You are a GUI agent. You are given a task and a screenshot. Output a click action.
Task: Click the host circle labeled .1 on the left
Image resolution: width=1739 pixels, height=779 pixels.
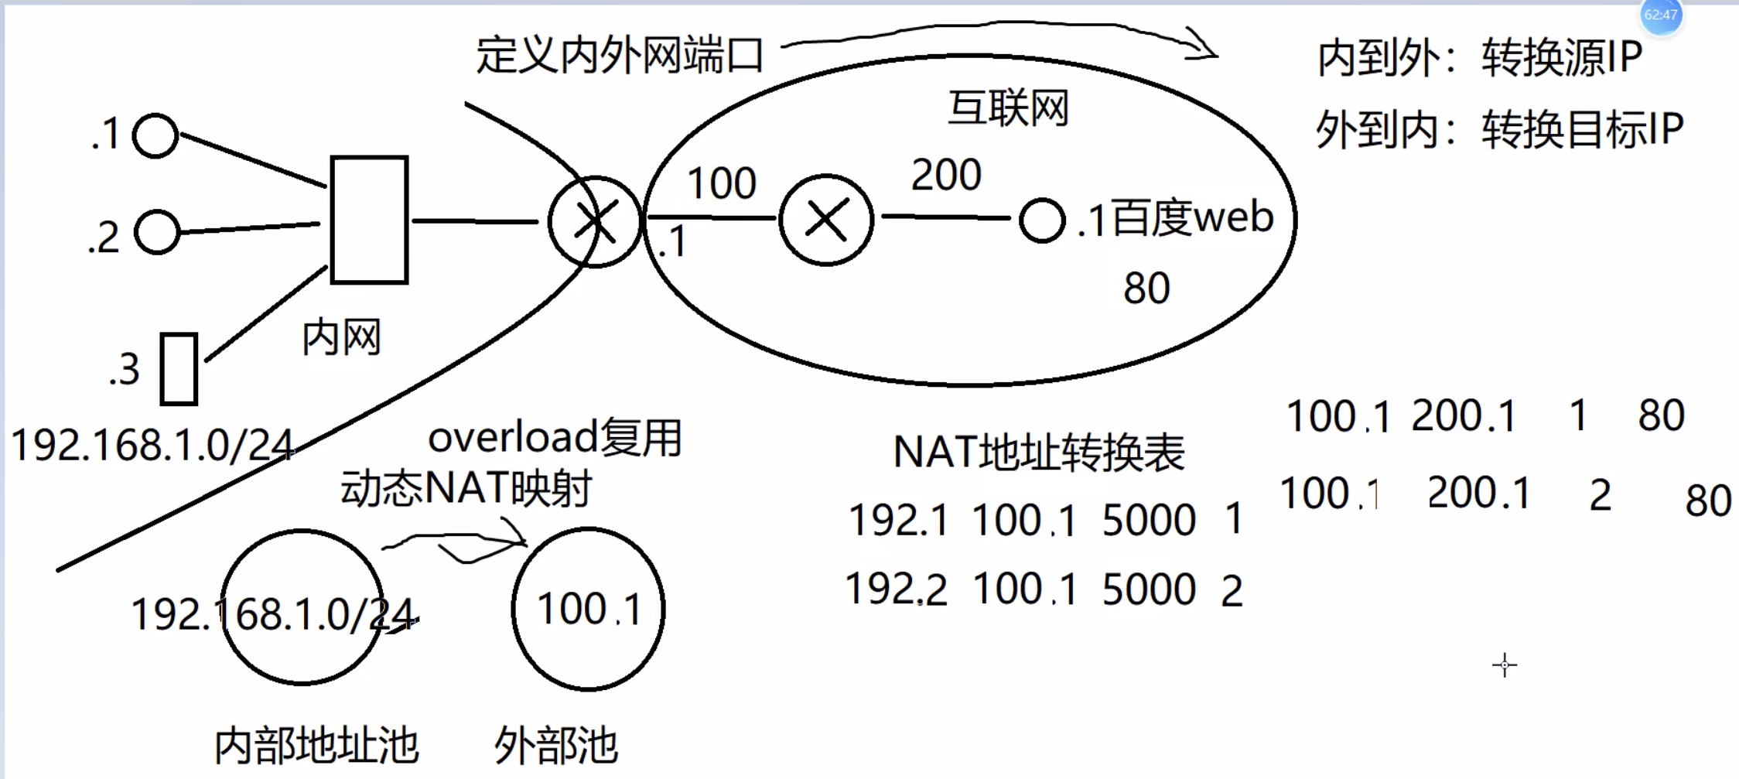(155, 136)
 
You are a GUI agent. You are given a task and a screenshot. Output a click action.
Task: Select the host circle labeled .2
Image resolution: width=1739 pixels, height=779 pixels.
(157, 232)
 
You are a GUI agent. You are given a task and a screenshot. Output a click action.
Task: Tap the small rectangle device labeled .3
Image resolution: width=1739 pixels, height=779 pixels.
(179, 369)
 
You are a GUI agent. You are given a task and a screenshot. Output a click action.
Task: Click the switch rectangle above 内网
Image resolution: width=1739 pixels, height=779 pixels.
(369, 220)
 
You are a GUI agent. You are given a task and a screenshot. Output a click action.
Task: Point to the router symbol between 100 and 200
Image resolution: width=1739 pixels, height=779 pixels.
(826, 220)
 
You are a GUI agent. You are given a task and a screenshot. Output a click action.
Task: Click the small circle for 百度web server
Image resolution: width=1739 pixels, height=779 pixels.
(1042, 220)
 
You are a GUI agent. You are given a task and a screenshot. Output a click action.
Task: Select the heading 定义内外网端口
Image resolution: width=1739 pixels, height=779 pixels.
(619, 56)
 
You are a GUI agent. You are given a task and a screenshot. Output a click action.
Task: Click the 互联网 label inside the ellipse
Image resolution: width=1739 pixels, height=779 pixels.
(1008, 108)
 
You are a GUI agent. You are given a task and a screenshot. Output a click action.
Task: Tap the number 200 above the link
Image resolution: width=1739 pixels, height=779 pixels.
(946, 175)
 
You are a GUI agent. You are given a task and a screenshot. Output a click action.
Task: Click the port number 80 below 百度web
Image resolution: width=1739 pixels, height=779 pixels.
(1146, 289)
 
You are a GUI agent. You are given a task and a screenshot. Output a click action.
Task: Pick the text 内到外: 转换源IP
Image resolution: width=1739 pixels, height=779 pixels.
(1479, 57)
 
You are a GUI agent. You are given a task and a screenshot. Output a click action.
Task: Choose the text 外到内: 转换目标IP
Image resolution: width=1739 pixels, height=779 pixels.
(1499, 129)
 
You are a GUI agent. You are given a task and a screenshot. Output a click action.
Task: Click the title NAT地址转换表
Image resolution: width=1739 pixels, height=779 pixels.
(1038, 453)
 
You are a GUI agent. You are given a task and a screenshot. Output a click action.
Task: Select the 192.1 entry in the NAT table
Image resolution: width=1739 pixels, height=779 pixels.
(898, 520)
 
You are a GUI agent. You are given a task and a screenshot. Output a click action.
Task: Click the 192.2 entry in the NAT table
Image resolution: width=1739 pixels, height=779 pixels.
(897, 589)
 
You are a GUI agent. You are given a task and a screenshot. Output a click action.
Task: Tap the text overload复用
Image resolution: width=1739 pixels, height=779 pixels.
(555, 438)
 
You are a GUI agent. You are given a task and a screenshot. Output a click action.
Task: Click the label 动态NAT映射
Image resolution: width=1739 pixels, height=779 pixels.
(466, 488)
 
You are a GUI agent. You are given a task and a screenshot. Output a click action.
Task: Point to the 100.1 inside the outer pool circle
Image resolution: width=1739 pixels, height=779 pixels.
(589, 609)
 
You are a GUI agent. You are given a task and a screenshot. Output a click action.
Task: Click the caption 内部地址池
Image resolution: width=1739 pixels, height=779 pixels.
(316, 746)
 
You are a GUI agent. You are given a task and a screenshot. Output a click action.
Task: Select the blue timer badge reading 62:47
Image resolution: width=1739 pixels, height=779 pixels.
(1661, 15)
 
